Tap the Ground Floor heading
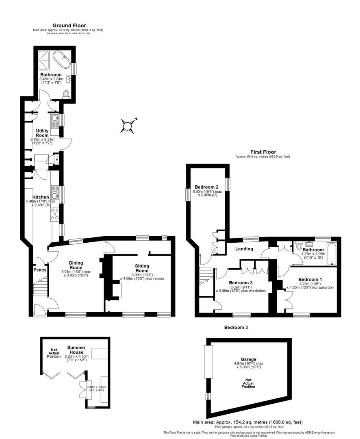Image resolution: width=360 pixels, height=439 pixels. click(x=69, y=26)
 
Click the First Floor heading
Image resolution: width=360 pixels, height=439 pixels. click(x=264, y=152)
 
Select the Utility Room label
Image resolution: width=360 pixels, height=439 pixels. click(x=42, y=133)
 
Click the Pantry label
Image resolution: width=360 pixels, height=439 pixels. click(x=40, y=269)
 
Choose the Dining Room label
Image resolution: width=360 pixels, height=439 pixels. click(x=76, y=265)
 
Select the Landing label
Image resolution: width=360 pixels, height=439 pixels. click(x=244, y=249)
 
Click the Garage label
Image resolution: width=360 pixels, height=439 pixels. click(x=248, y=359)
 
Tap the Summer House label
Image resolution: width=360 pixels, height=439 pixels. click(x=76, y=350)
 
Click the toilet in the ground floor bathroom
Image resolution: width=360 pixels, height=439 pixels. click(x=67, y=94)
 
